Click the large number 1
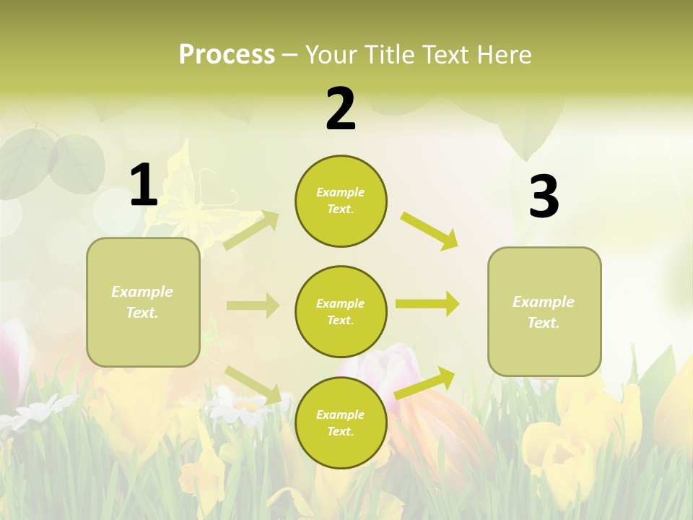click(144, 185)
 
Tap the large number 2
click(341, 109)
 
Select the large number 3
click(544, 196)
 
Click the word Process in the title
click(227, 54)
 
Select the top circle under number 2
click(341, 201)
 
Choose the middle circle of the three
click(341, 311)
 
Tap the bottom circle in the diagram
click(341, 422)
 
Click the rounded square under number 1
click(143, 302)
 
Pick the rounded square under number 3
click(544, 311)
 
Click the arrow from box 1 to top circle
click(252, 230)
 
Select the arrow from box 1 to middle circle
click(253, 305)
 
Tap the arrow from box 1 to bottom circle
click(253, 383)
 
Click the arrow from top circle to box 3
click(430, 230)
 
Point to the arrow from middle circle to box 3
click(427, 303)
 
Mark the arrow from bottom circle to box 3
click(425, 383)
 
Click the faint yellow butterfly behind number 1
click(191, 199)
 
